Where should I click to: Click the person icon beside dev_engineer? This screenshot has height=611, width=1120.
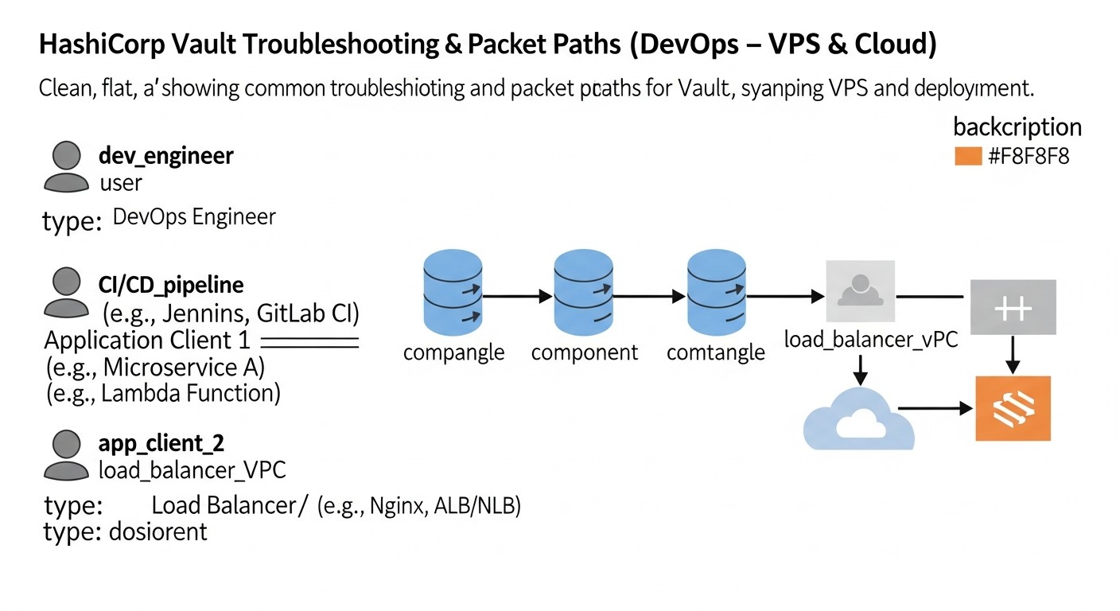pos(66,166)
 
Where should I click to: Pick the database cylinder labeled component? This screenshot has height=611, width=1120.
pos(584,294)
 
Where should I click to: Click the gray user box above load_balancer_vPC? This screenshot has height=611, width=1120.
pos(860,291)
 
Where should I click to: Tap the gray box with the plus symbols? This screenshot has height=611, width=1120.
pos(1013,307)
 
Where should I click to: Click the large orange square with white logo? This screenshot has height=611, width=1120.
pos(1013,408)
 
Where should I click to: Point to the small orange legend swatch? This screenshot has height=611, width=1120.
pos(968,156)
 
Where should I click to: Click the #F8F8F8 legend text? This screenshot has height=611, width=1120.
pos(1029,156)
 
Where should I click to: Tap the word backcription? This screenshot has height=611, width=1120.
pos(1017,127)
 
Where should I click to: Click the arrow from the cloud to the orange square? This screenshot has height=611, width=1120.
pos(935,409)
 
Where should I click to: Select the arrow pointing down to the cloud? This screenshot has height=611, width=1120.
pos(859,368)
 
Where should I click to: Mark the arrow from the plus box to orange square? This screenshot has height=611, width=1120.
pos(1013,355)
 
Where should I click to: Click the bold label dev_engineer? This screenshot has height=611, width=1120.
pos(165,155)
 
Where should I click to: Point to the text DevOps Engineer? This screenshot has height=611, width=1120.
pos(194,216)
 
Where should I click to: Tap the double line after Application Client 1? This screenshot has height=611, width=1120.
pos(309,342)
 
